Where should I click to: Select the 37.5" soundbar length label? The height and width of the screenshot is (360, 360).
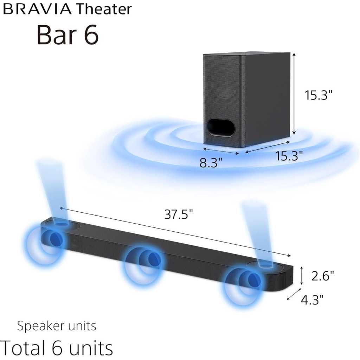point(178,214)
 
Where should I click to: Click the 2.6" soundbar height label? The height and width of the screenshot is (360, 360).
point(322,276)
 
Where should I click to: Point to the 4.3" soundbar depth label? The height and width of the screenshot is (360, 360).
point(312,300)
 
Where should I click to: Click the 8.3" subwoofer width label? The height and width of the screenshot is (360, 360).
point(211,162)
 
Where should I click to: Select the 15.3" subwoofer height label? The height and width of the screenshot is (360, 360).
point(318,95)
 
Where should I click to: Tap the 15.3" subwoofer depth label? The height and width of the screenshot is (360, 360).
point(289,156)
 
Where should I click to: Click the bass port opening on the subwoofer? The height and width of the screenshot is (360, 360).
point(221,128)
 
